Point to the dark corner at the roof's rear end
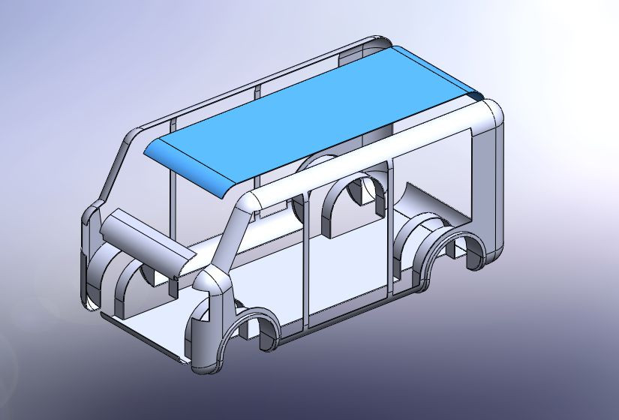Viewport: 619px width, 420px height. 474,96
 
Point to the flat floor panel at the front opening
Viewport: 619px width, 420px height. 150,330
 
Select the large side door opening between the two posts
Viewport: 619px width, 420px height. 347,262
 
